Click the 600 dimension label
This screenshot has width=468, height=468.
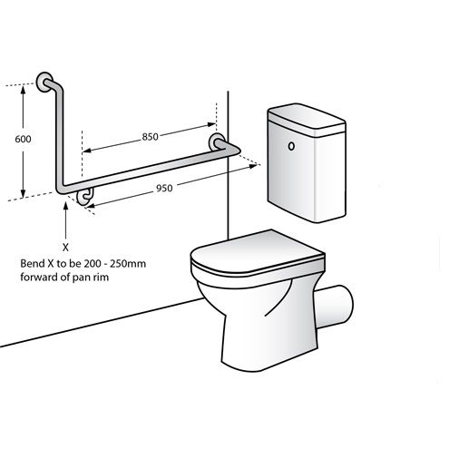click(x=23, y=139)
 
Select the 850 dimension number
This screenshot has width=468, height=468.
click(x=151, y=137)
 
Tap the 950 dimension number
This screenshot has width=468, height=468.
click(x=164, y=189)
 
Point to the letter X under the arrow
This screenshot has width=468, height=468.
click(x=65, y=248)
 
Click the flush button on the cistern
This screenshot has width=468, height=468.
click(x=291, y=146)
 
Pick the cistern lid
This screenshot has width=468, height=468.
click(x=307, y=120)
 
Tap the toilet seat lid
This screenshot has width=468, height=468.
click(x=257, y=253)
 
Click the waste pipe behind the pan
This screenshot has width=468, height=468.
click(x=334, y=307)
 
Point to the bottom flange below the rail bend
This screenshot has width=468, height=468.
click(x=85, y=197)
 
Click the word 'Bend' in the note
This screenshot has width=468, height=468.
click(x=32, y=264)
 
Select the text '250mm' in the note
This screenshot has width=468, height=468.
click(x=128, y=264)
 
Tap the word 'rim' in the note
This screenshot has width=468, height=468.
click(x=102, y=277)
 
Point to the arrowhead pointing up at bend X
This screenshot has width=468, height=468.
click(x=65, y=206)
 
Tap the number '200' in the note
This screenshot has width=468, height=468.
click(x=93, y=264)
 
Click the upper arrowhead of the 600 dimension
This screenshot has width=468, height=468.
click(x=23, y=90)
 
